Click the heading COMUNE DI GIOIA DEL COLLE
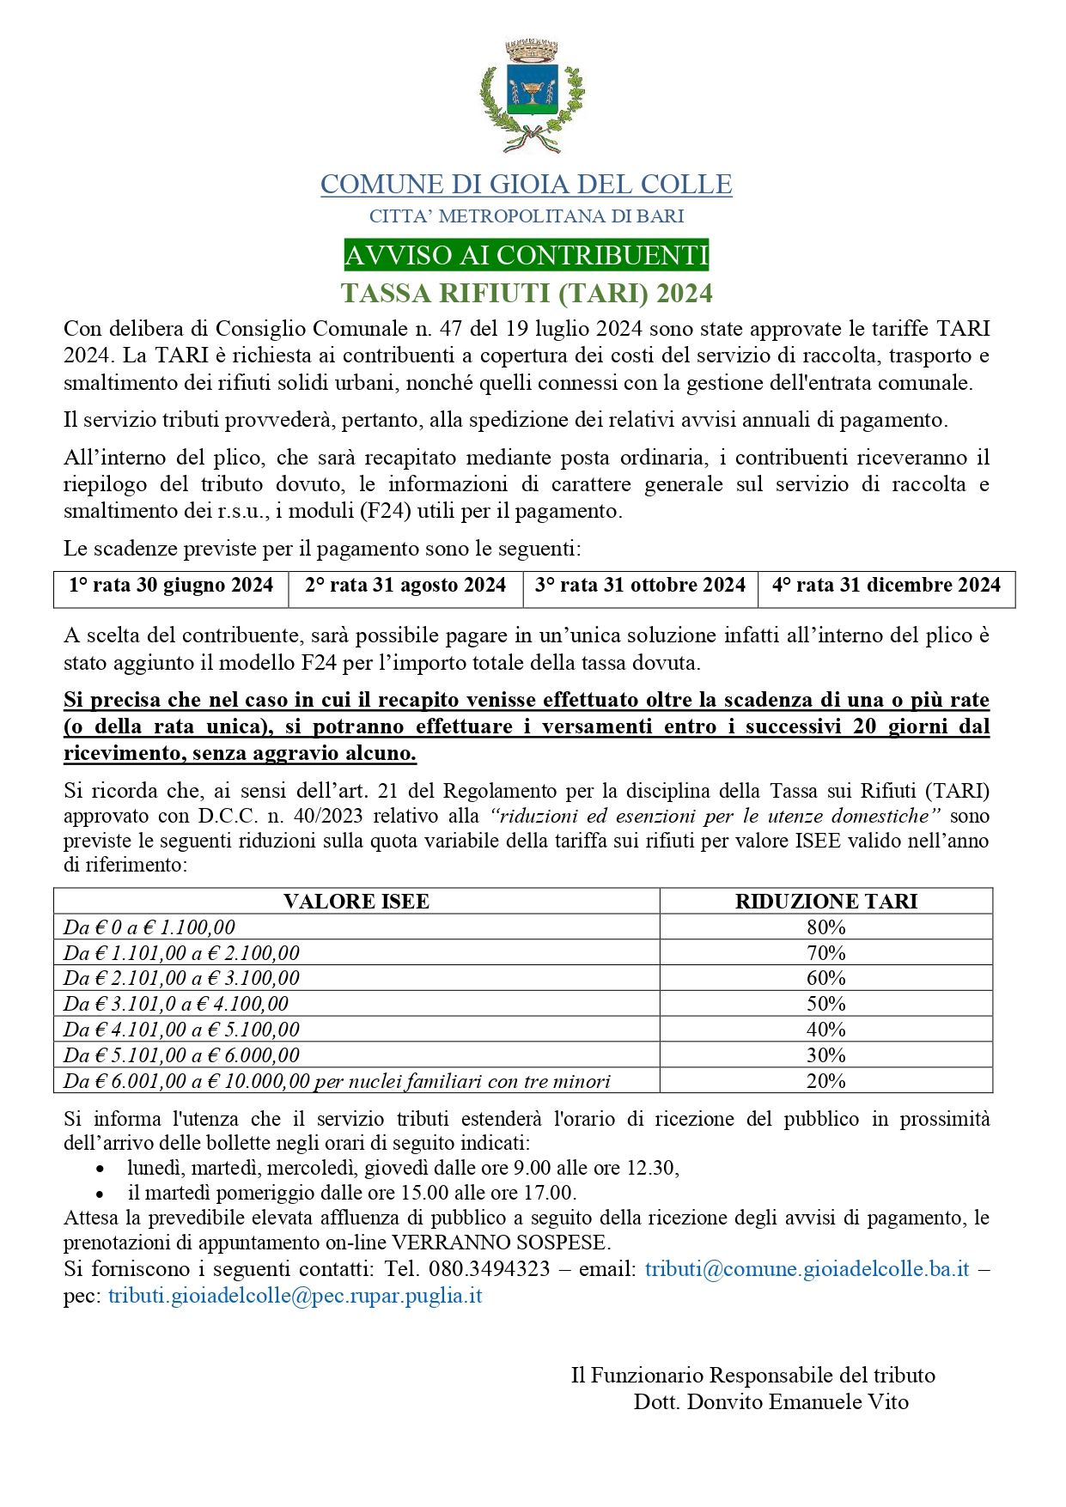pos(526,185)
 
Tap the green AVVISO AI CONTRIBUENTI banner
pos(526,255)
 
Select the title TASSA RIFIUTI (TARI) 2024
pos(527,294)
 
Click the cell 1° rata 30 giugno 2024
pos(171,586)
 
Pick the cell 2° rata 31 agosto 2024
pos(405,586)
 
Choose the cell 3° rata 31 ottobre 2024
pos(640,586)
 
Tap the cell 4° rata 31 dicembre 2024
pos(886,586)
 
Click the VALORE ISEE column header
pos(356,902)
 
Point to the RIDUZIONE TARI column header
pos(825,902)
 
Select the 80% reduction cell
pos(825,927)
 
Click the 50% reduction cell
pos(825,1004)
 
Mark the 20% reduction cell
pos(825,1081)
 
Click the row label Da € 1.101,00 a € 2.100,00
pos(182,953)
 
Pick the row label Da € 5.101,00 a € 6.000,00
pos(182,1055)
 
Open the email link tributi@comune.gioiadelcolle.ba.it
pos(807,1269)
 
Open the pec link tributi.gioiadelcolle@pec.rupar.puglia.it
pos(295,1296)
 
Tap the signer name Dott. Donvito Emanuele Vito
pos(771,1402)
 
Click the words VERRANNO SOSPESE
pos(500,1243)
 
